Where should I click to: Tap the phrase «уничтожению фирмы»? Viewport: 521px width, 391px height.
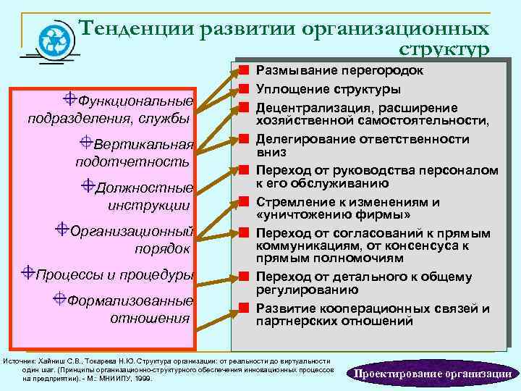point(334,215)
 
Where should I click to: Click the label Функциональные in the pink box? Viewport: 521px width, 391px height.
point(135,101)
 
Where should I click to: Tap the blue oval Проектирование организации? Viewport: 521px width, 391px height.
point(432,374)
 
